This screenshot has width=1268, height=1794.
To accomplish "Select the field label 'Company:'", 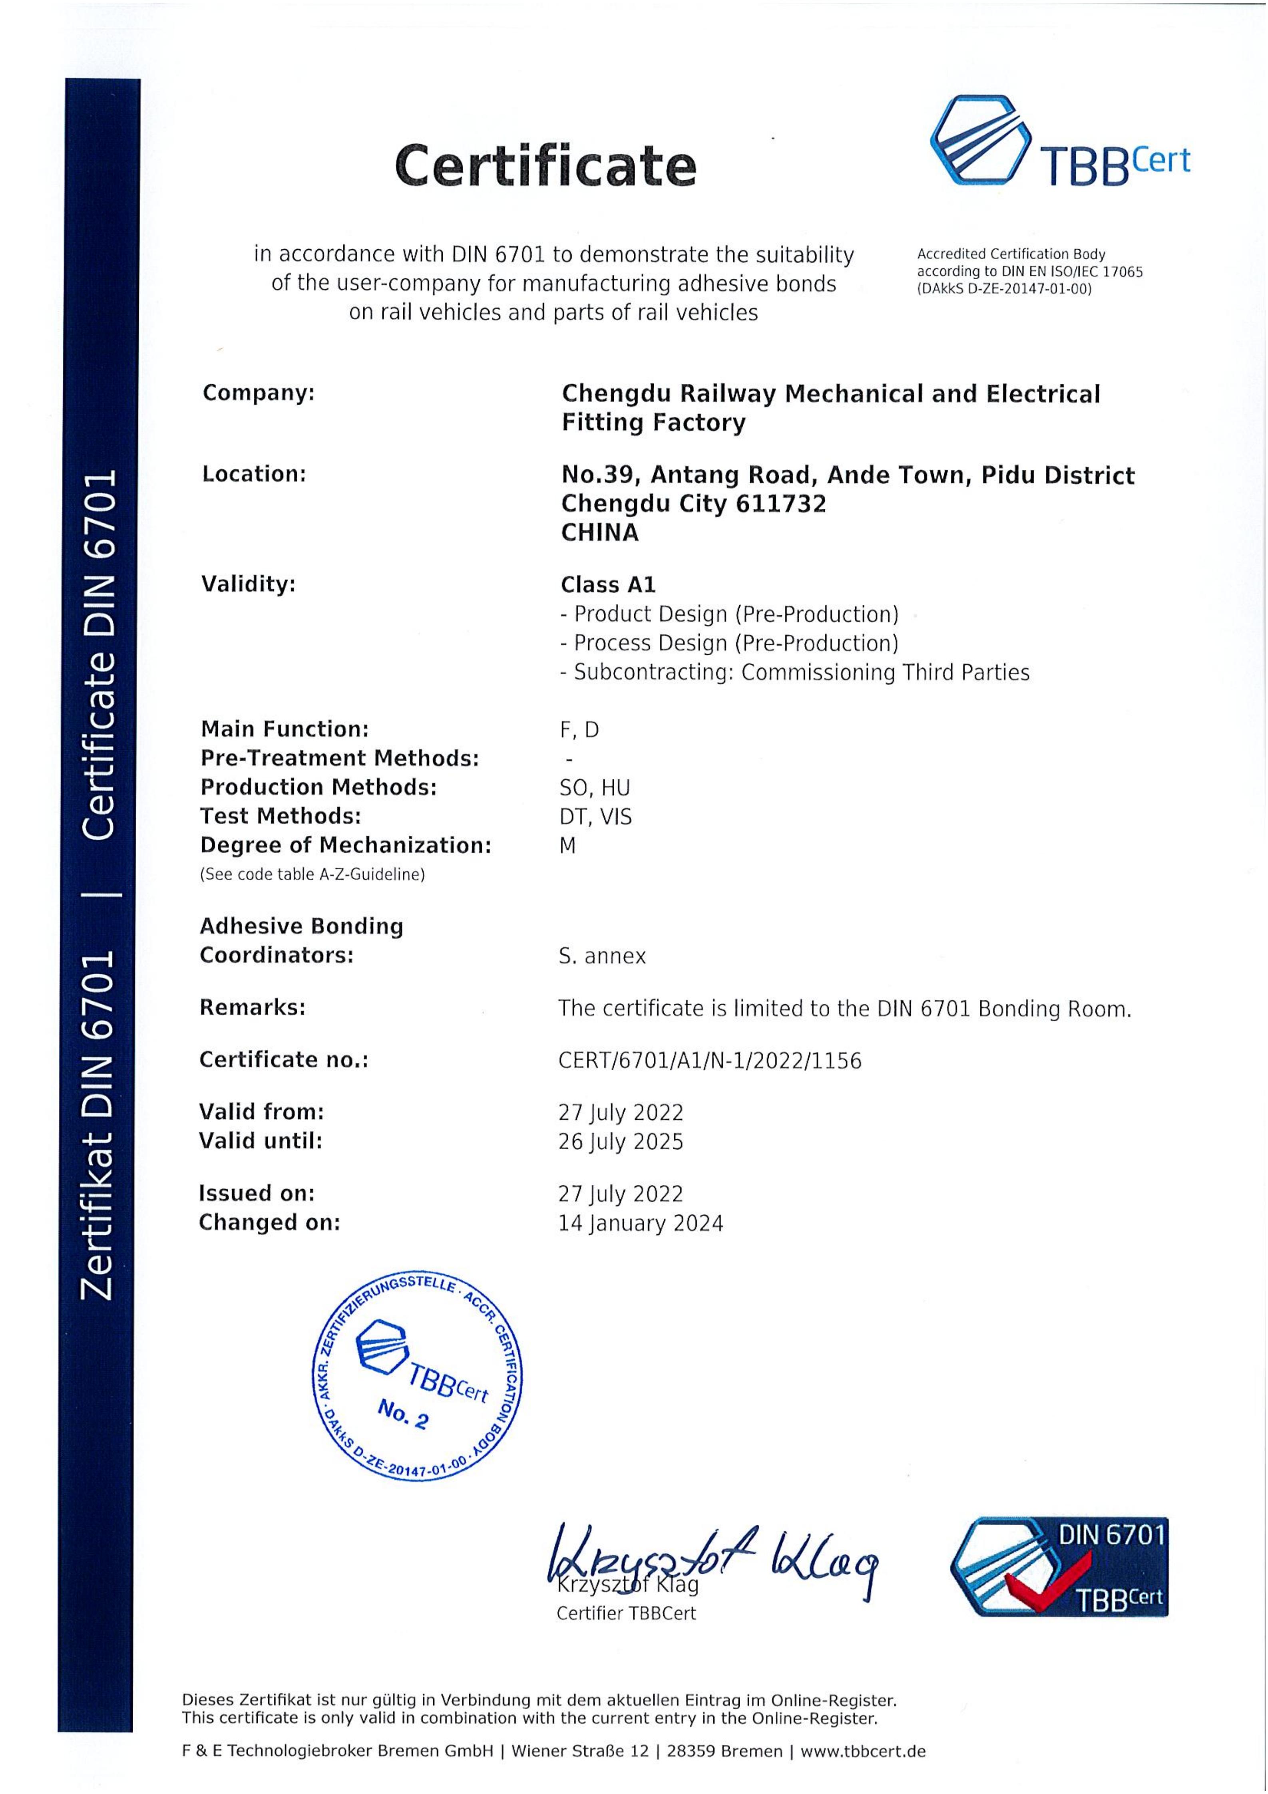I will pyautogui.click(x=258, y=392).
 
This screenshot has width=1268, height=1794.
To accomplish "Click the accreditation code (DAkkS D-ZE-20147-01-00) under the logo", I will pyautogui.click(x=1004, y=289).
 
